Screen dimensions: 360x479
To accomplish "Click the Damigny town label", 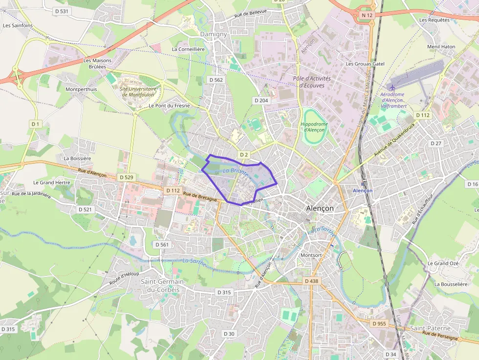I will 214,34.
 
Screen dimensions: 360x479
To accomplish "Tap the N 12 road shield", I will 367,16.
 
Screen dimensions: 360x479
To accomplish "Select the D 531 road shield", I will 62,11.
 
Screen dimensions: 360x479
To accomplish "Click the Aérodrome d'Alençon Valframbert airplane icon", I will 393,87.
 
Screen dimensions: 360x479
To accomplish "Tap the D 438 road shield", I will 311,281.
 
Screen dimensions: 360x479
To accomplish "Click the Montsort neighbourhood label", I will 311,255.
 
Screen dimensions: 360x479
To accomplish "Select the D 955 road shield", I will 379,323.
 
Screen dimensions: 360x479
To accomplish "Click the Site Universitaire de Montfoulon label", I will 138,92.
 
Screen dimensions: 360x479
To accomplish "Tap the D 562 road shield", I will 216,80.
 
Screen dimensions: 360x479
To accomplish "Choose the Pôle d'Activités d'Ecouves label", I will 312,82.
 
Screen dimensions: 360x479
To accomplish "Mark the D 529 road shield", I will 126,177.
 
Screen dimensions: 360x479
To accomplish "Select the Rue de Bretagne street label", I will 200,197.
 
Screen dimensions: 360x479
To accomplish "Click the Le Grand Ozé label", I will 443,263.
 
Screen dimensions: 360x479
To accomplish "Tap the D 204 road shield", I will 261,100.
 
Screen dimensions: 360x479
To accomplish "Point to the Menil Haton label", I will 441,47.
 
